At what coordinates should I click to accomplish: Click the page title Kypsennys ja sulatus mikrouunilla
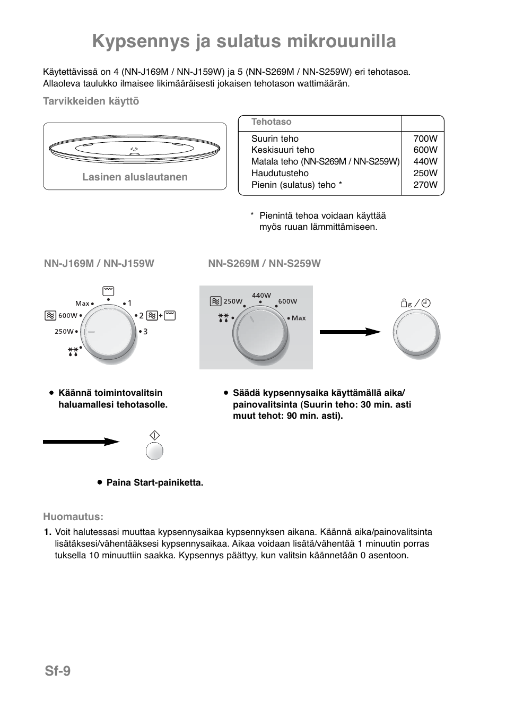click(244, 41)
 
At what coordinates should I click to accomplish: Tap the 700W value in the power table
click(425, 139)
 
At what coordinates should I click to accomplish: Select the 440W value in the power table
click(425, 161)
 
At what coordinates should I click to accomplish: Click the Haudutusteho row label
click(280, 173)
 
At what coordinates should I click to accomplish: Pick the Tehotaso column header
click(271, 122)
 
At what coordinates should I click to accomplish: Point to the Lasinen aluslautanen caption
click(135, 177)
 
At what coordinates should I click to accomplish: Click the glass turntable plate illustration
click(135, 149)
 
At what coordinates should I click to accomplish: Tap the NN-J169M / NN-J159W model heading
click(99, 263)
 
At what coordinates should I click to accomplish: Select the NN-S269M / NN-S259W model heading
click(264, 263)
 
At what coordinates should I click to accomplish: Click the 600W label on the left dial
click(67, 315)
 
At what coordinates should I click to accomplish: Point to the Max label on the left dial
click(82, 304)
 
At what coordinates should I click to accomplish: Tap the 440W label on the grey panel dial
click(261, 296)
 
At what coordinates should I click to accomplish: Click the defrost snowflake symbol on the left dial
click(73, 351)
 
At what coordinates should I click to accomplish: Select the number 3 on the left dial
click(145, 332)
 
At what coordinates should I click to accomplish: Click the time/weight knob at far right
click(416, 333)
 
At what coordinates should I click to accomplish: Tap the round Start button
click(154, 451)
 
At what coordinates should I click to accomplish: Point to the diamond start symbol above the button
click(154, 435)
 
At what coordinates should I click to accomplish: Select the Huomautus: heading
click(73, 516)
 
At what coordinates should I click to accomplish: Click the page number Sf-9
click(57, 671)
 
